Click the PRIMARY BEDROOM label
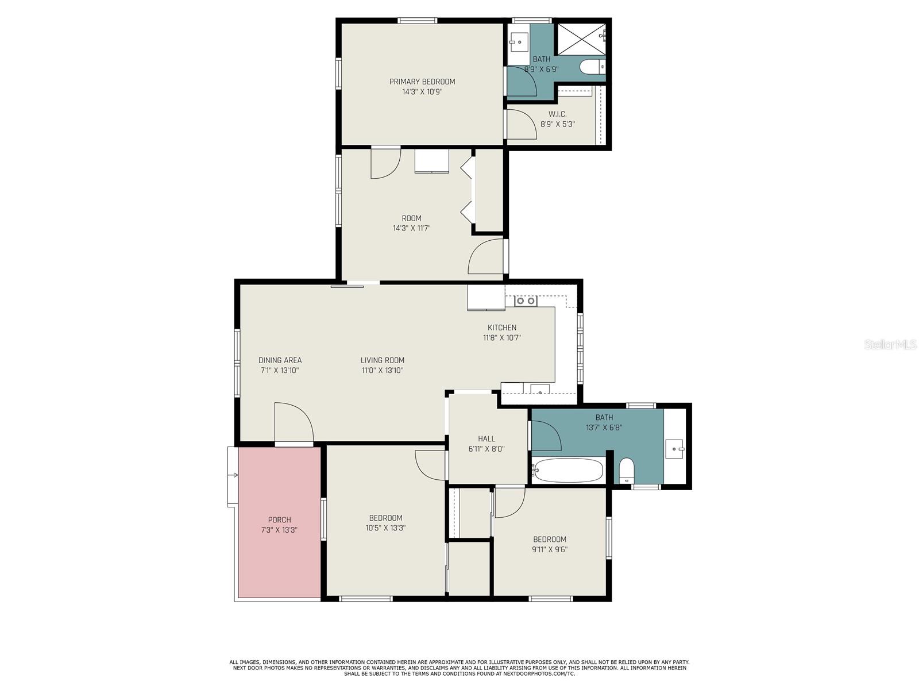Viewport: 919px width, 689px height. click(422, 82)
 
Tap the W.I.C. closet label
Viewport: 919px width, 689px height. click(557, 114)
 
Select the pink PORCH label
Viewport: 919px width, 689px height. click(279, 520)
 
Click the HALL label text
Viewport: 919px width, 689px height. click(486, 438)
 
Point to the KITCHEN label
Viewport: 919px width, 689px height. click(501, 328)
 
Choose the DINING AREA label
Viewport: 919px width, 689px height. click(280, 360)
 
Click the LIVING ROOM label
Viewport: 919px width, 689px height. click(383, 360)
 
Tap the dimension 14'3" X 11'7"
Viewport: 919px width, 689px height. click(411, 228)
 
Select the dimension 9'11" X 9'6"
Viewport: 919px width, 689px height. click(549, 549)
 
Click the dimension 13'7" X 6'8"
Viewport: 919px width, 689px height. click(604, 428)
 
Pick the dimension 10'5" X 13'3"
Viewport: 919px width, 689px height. click(385, 528)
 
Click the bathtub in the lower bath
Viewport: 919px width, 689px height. click(567, 470)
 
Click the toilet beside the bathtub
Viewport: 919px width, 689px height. click(626, 470)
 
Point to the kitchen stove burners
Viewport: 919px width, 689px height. click(526, 301)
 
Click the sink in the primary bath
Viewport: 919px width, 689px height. click(519, 42)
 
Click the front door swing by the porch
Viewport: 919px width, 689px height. click(294, 422)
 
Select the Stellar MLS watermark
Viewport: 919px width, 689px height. click(890, 345)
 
